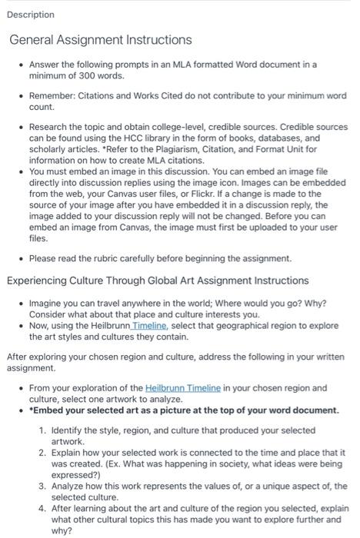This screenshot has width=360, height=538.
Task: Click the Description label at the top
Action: click(32, 15)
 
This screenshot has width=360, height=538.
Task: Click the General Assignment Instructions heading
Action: click(100, 39)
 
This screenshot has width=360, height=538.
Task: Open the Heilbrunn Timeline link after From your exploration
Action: click(182, 388)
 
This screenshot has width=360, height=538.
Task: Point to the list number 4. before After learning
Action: click(44, 509)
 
